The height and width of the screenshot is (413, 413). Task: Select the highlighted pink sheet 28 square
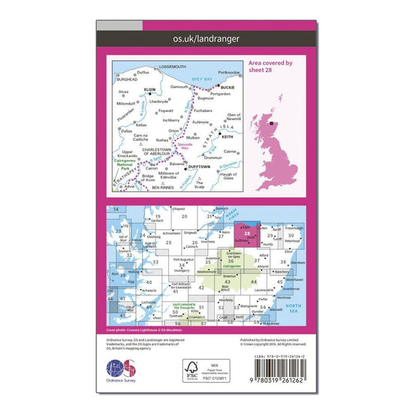(247, 234)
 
